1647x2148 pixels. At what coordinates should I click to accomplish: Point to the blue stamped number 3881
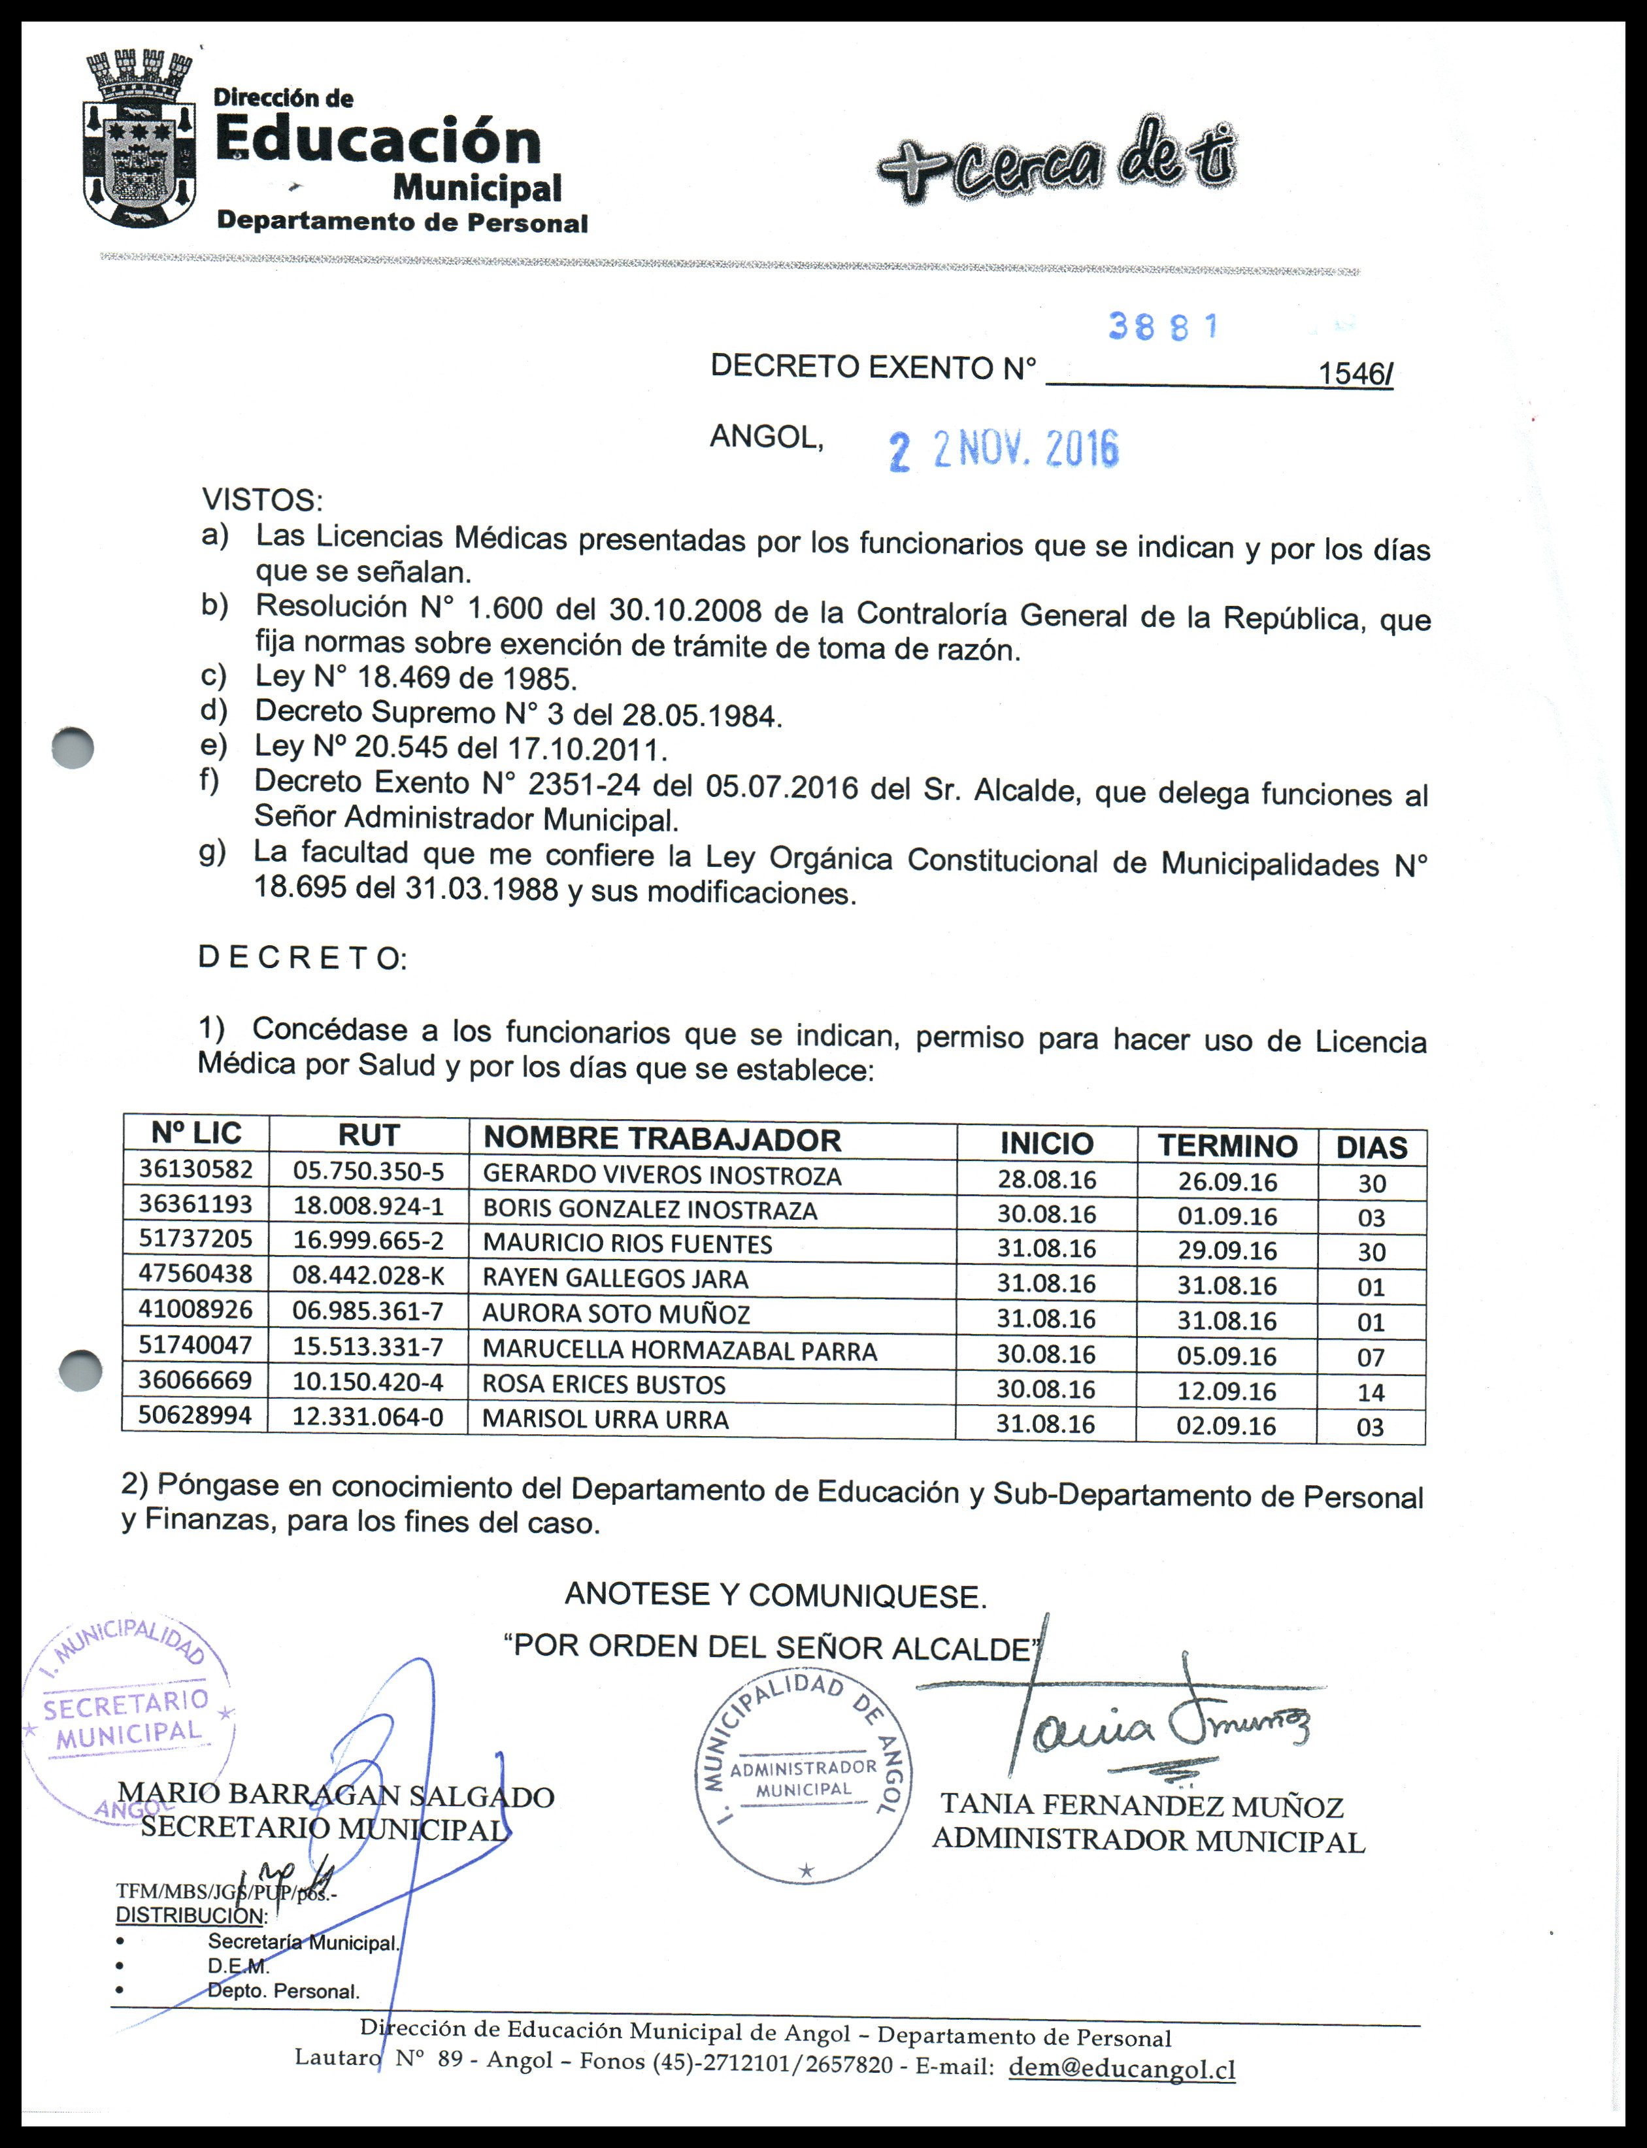[1163, 326]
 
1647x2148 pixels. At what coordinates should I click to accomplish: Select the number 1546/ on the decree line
[1355, 373]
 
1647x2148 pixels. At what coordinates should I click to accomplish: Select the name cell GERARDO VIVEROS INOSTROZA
[661, 1175]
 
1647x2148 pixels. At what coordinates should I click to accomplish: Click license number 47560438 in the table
[195, 1273]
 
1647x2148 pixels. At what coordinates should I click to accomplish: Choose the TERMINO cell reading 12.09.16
[1226, 1391]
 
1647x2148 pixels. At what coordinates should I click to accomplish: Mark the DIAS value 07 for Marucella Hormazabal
[1371, 1358]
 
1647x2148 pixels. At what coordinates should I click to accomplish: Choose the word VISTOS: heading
[261, 500]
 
